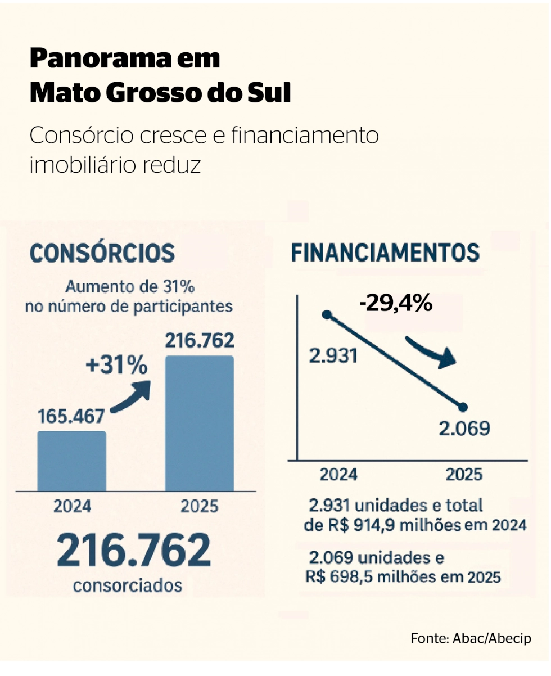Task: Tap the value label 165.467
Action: [71, 417]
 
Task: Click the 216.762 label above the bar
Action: [200, 340]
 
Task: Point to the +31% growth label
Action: [116, 366]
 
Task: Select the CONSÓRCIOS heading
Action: [102, 253]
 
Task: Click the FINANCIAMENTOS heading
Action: [385, 253]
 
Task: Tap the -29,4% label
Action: [396, 303]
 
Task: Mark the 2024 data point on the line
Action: [327, 315]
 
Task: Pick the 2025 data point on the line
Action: [463, 407]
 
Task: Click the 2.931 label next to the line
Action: [333, 356]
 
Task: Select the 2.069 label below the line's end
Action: [464, 429]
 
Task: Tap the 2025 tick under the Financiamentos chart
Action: [464, 475]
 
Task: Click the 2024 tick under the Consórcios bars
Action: [72, 507]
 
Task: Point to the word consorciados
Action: [128, 586]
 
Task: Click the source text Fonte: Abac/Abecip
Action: [471, 638]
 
